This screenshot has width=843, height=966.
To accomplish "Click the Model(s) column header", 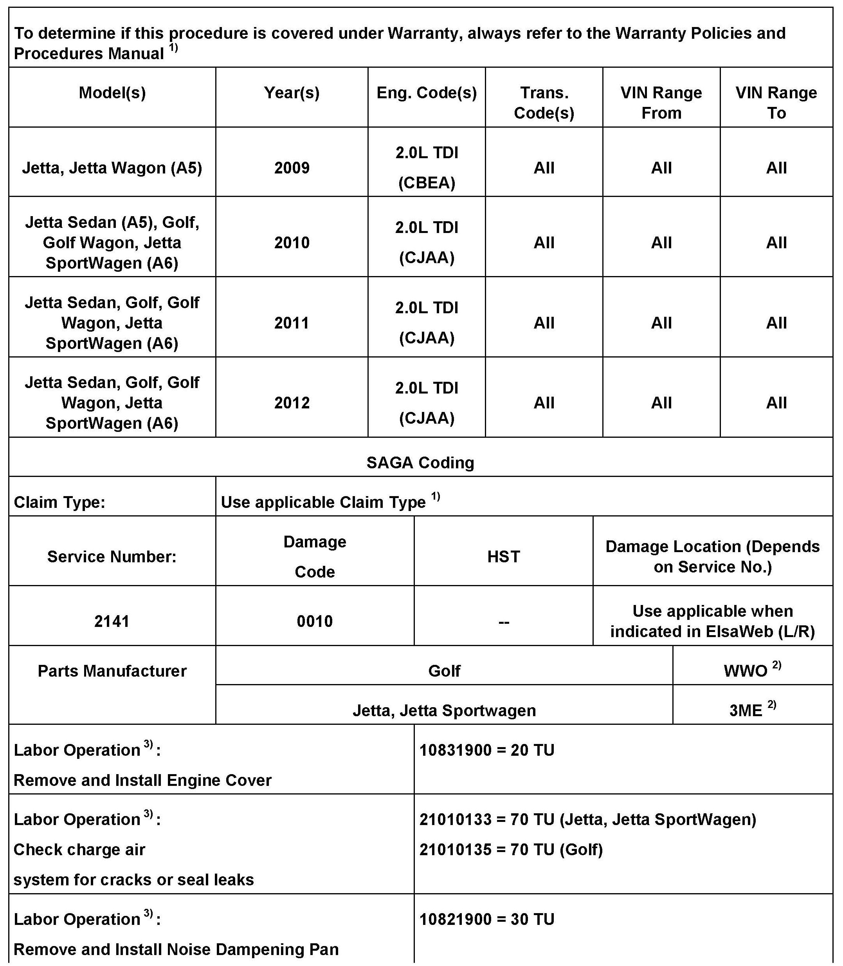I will point(112,93).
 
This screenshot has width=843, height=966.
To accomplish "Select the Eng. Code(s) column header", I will point(427,93).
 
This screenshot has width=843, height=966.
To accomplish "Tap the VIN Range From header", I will point(661,103).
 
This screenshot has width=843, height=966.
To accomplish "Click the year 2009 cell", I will point(292,168).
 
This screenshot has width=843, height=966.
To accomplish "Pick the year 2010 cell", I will point(292,242).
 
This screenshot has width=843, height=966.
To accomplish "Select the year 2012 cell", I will point(292,403).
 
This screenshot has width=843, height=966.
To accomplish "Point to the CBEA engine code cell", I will point(427,182).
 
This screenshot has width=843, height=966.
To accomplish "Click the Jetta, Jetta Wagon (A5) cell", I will point(112,168).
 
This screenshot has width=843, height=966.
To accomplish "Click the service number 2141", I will point(112,621).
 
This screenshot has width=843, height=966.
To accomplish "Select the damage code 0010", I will point(315,621).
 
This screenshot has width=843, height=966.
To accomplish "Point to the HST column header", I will point(503,556).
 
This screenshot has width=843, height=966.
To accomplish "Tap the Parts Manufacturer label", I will point(112,671).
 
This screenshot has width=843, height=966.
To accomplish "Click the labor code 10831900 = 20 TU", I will point(487,750).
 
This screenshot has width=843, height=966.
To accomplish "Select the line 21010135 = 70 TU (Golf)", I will point(511,850).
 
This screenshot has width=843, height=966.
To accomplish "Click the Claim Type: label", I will point(59,502).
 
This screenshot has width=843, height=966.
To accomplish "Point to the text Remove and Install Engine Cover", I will point(142,780).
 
